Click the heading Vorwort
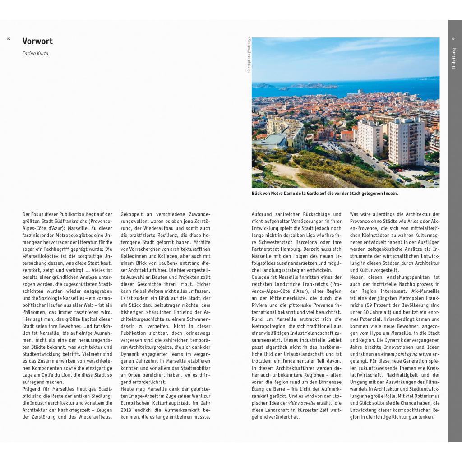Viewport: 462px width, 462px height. coord(37,41)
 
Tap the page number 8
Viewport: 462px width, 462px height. coord(9,39)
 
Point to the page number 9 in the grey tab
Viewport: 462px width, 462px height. coord(454,40)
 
